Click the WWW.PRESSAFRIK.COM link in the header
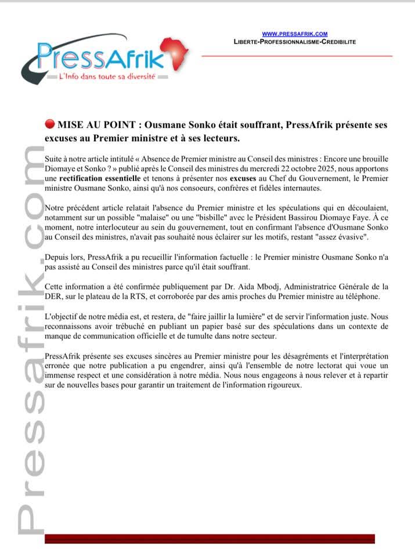[x=295, y=34]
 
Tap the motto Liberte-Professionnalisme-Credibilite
[x=295, y=42]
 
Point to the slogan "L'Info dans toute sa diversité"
[x=107, y=77]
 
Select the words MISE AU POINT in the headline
[x=91, y=124]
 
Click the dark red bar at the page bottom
[x=209, y=538]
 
